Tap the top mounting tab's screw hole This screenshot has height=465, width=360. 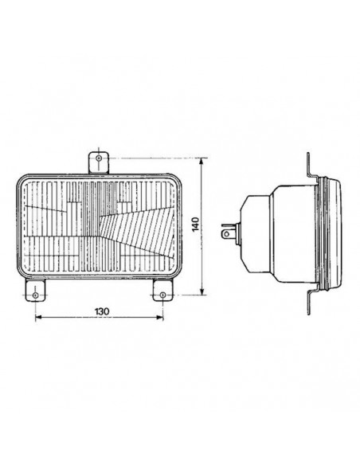98,158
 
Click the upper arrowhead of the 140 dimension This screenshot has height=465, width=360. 204,161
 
